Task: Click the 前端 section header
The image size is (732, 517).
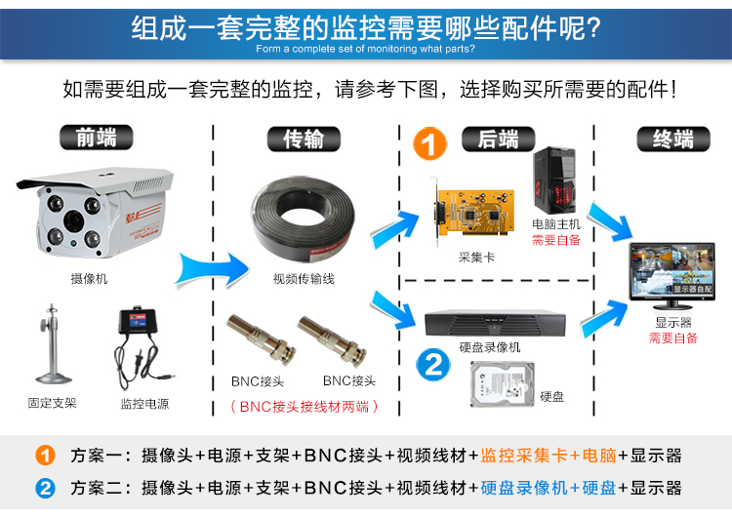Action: click(97, 138)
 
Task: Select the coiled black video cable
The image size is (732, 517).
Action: click(303, 223)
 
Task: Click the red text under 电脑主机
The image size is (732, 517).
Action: click(555, 239)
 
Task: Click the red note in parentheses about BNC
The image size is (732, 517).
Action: click(303, 406)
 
